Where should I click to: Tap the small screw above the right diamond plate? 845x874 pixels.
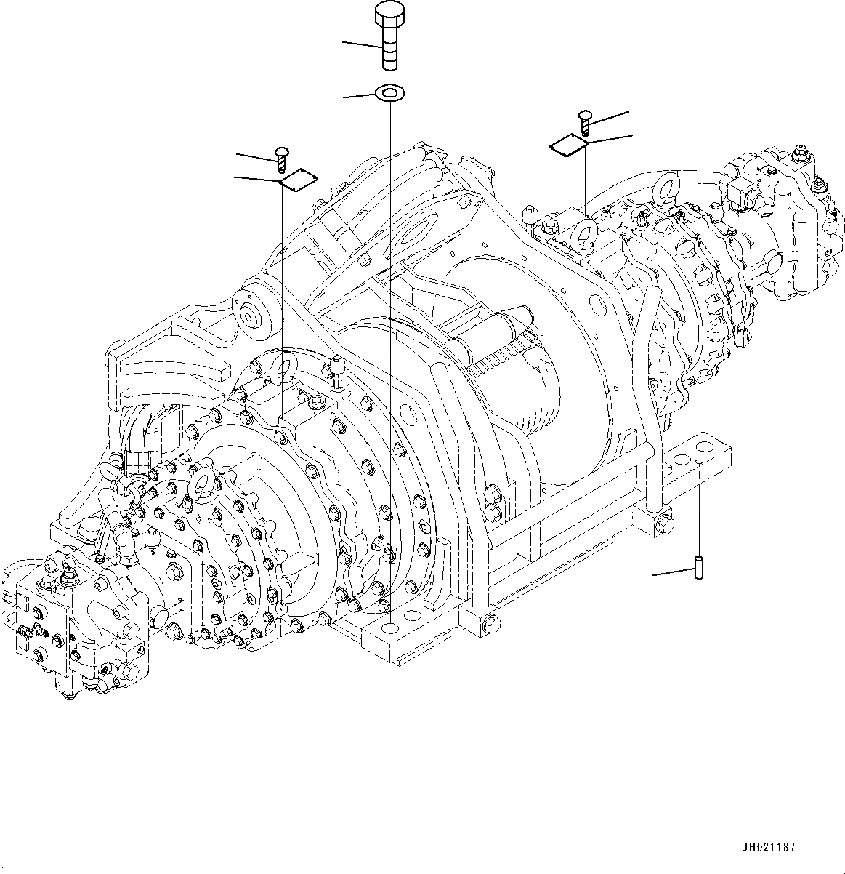(x=586, y=121)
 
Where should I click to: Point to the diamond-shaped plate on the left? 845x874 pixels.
(x=299, y=180)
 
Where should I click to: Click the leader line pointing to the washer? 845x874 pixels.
(x=359, y=95)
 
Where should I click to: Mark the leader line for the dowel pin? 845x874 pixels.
(x=673, y=572)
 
